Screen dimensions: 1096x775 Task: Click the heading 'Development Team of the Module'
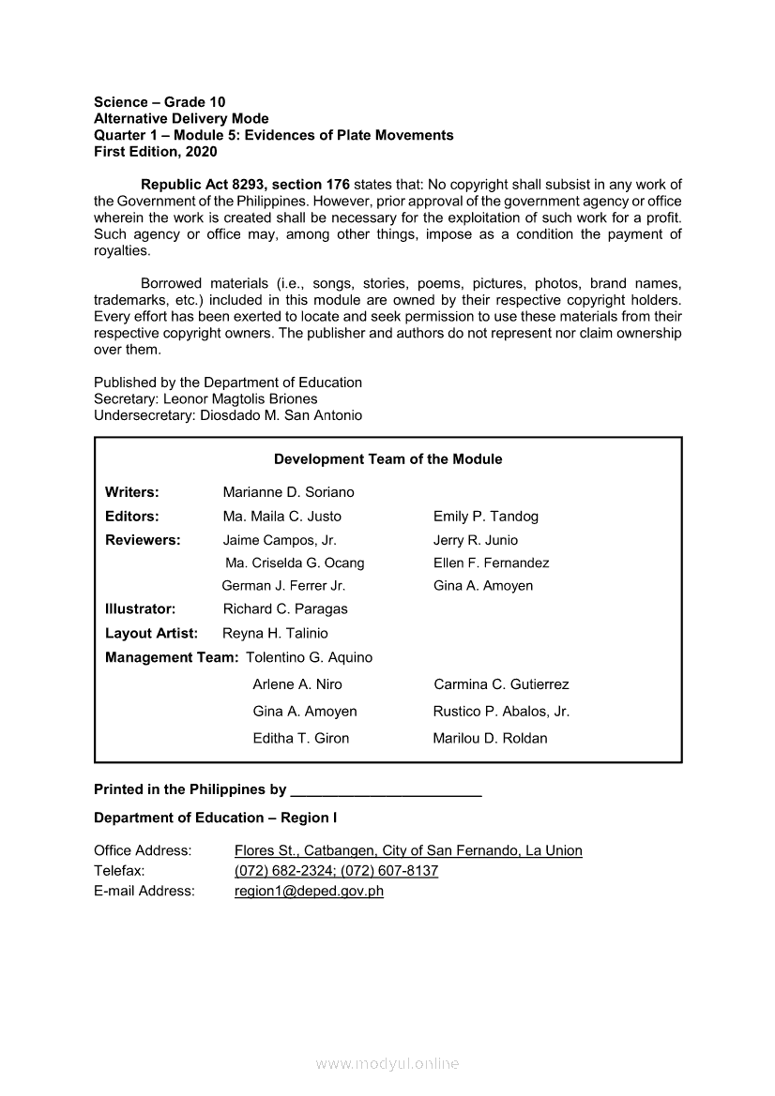pyautogui.click(x=387, y=459)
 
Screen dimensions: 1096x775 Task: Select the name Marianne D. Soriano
pyautogui.click(x=288, y=492)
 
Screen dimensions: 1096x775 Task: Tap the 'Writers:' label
pyautogui.click(x=131, y=492)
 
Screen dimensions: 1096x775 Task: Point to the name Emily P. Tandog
pyautogui.click(x=485, y=517)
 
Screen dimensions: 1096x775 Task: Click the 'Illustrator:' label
pyautogui.click(x=140, y=609)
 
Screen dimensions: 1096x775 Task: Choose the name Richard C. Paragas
pyautogui.click(x=285, y=609)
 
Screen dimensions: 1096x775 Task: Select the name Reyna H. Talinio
pyautogui.click(x=275, y=634)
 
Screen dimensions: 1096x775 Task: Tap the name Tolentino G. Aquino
pyautogui.click(x=309, y=658)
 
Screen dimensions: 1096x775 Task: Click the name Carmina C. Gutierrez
pyautogui.click(x=501, y=684)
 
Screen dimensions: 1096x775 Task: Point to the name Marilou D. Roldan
pyautogui.click(x=490, y=739)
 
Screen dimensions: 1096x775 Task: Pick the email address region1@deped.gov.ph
pyautogui.click(x=309, y=892)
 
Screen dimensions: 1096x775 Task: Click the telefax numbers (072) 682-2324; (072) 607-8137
pyautogui.click(x=336, y=871)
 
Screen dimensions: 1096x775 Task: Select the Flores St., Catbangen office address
pyautogui.click(x=408, y=851)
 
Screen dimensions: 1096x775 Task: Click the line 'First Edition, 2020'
pyautogui.click(x=155, y=152)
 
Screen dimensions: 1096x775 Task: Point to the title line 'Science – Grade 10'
pyautogui.click(x=160, y=102)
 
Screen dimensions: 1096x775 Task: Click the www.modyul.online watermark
pyautogui.click(x=387, y=1064)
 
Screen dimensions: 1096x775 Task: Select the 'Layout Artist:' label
pyautogui.click(x=151, y=634)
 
